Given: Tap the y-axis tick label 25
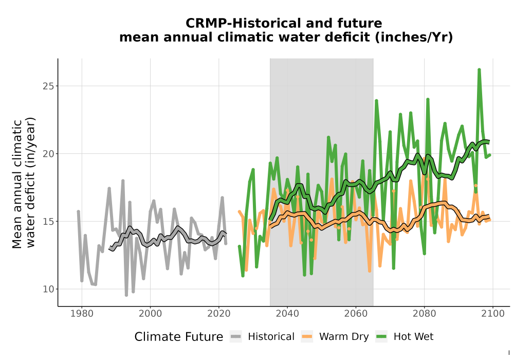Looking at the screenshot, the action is pyautogui.click(x=48, y=86).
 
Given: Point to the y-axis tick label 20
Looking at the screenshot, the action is pyautogui.click(x=48, y=153).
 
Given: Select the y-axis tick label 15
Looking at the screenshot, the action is pyautogui.click(x=48, y=221).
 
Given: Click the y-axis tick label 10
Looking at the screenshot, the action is pyautogui.click(x=48, y=289).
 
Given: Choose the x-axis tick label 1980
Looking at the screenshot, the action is pyautogui.click(x=82, y=313).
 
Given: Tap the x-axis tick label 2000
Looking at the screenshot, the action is pyautogui.click(x=150, y=313).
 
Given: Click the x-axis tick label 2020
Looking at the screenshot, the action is pyautogui.click(x=218, y=313).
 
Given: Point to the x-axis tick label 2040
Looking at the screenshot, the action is pyautogui.click(x=287, y=313).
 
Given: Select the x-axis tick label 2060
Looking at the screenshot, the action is pyautogui.click(x=356, y=313).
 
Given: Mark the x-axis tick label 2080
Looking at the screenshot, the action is pyautogui.click(x=424, y=313).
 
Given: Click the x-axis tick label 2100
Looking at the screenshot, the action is pyautogui.click(x=493, y=313).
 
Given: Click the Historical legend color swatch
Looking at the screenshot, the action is pyautogui.click(x=236, y=336).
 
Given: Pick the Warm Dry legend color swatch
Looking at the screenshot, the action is pyautogui.click(x=307, y=336).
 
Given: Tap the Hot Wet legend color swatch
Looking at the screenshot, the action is pyautogui.click(x=381, y=336).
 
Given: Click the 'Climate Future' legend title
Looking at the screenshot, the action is pyautogui.click(x=179, y=337).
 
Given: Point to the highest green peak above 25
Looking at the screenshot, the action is pyautogui.click(x=479, y=69).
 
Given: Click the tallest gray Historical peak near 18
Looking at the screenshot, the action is pyautogui.click(x=123, y=181).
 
